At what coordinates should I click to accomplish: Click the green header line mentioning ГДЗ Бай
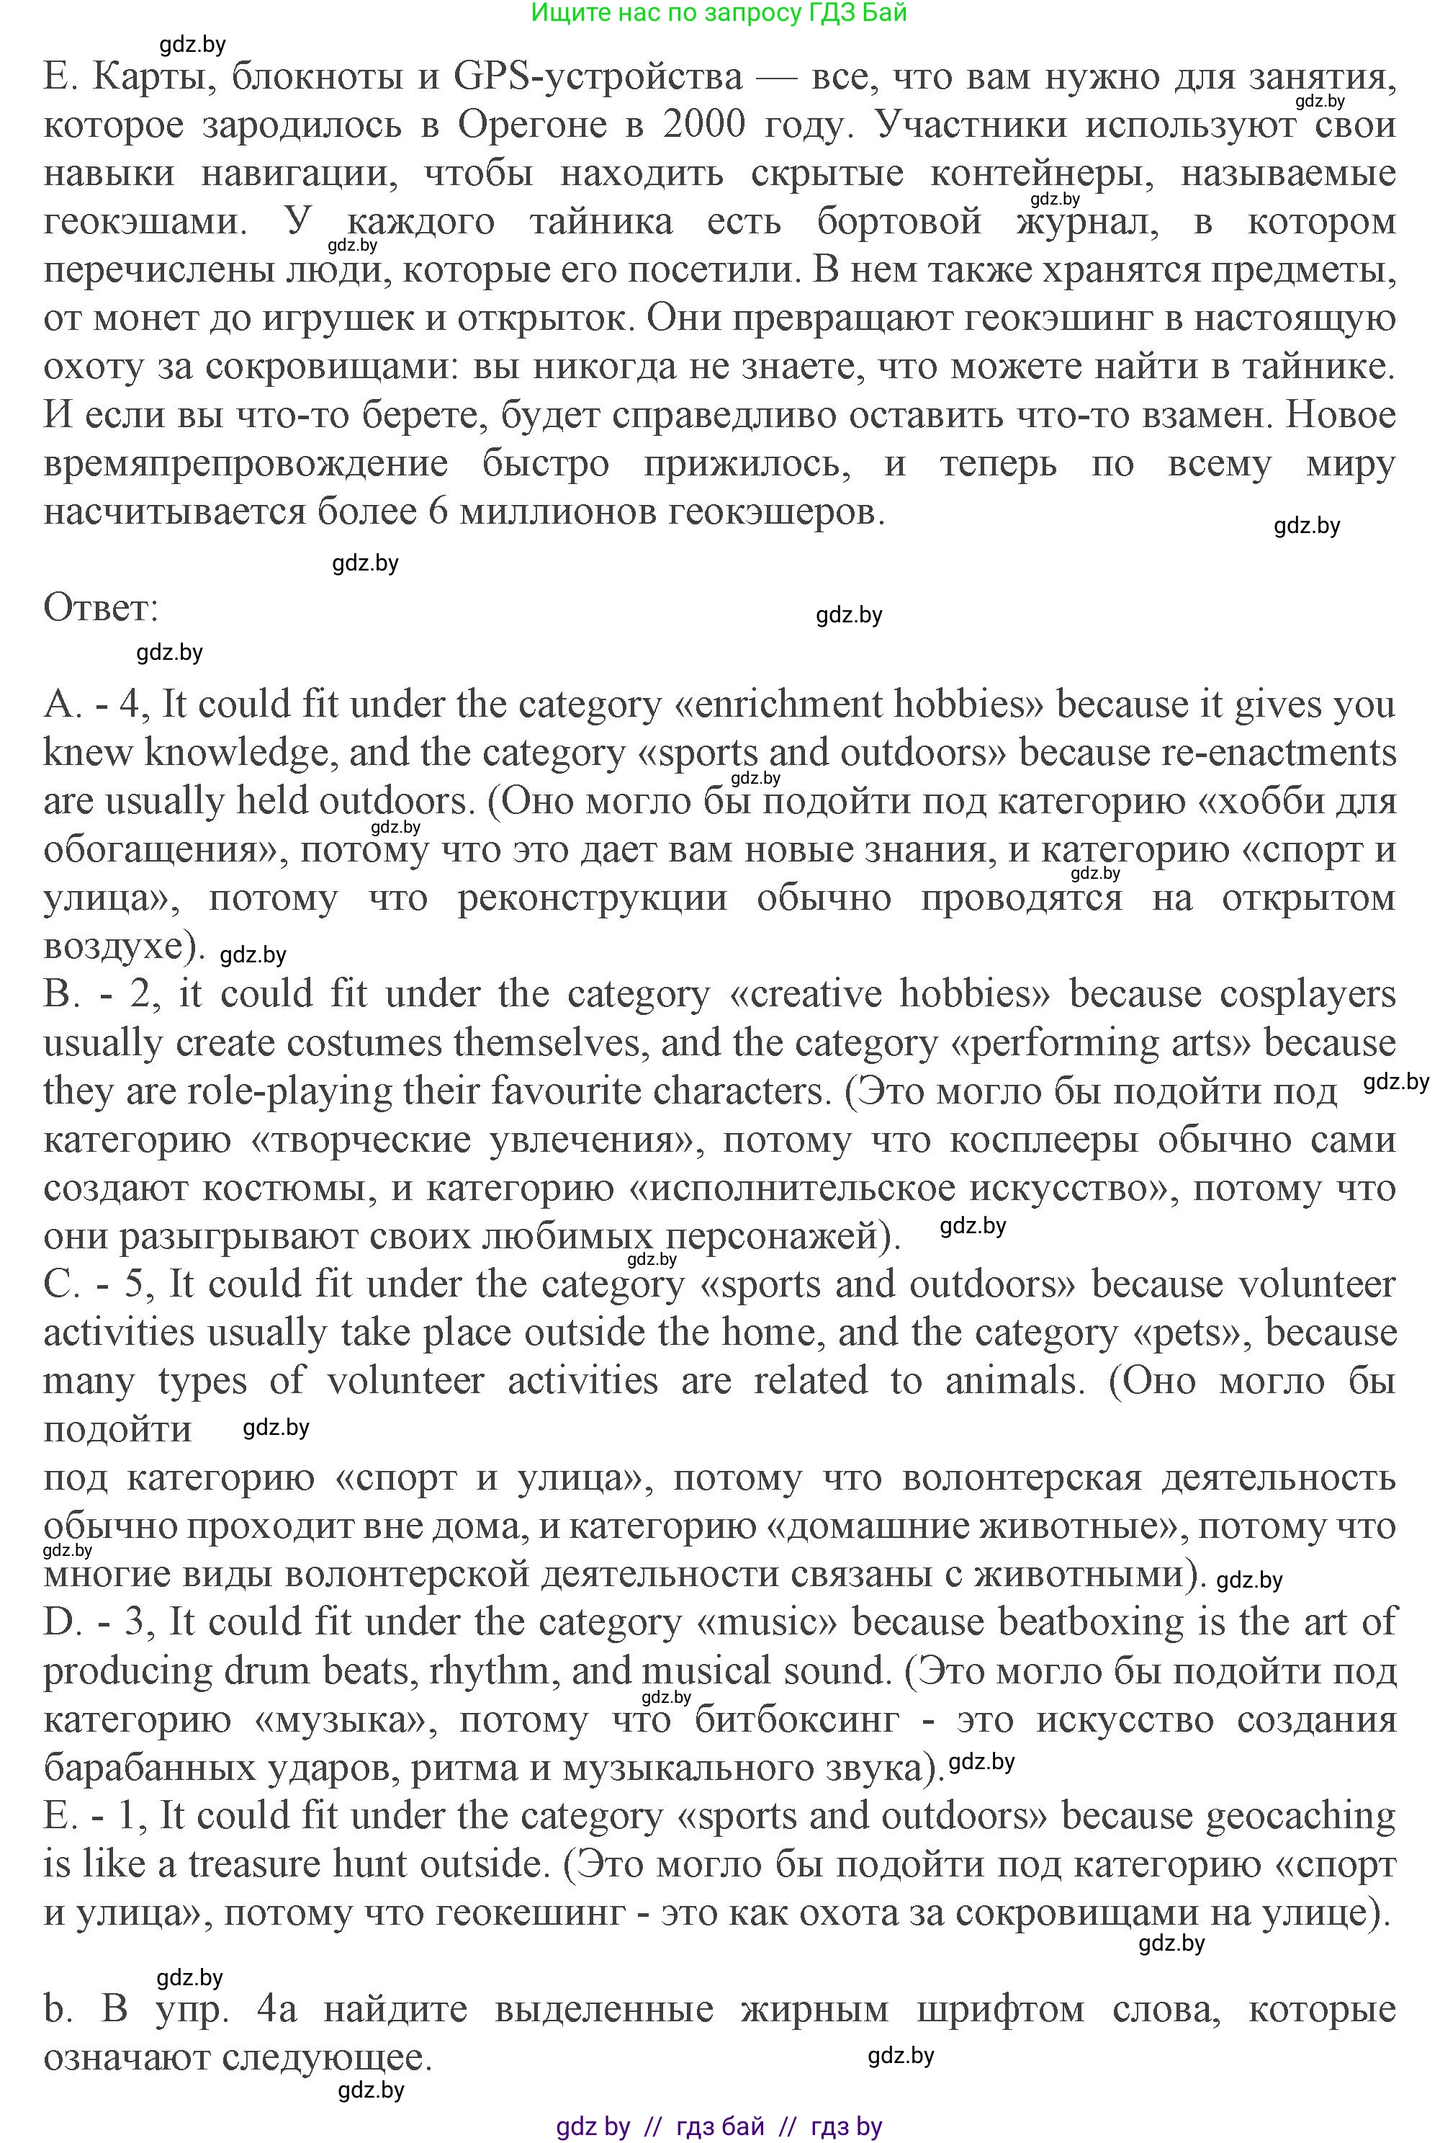click(719, 13)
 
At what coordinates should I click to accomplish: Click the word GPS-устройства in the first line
click(598, 76)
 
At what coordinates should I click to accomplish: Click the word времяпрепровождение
click(246, 465)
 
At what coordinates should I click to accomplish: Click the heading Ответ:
click(101, 608)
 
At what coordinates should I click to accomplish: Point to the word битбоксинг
click(796, 1719)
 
